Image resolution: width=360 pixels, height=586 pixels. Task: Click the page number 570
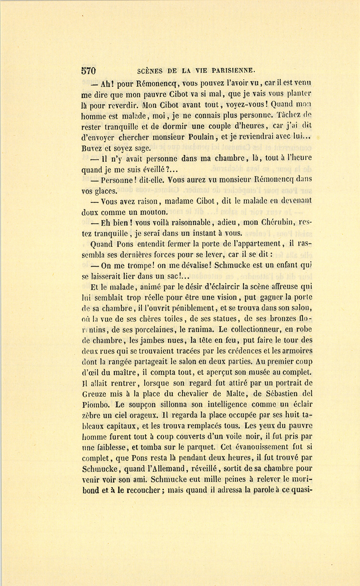(x=88, y=71)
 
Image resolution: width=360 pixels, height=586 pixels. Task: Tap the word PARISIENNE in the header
(x=231, y=71)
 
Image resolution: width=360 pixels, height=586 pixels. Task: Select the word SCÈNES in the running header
(x=150, y=71)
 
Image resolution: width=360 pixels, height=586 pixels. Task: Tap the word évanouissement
(x=260, y=447)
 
